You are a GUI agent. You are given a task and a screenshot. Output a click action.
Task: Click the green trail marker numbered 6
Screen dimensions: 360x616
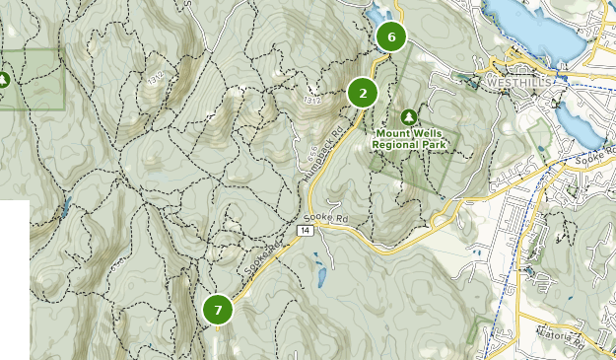click(x=391, y=37)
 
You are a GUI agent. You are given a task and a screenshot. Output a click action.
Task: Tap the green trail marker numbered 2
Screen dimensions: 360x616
click(x=363, y=94)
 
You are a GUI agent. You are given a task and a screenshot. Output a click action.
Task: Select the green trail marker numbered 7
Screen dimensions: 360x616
click(x=218, y=310)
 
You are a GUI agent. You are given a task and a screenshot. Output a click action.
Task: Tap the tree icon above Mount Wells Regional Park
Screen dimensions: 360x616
click(x=410, y=116)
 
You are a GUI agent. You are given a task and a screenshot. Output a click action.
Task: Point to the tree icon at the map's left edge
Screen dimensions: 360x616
click(x=4, y=79)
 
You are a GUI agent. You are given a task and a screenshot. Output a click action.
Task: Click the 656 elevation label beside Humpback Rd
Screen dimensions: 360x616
click(x=312, y=155)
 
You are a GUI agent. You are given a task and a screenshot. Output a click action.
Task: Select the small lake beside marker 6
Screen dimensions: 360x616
click(x=376, y=17)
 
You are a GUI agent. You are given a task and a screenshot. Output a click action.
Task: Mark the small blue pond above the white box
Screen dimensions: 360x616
click(x=66, y=208)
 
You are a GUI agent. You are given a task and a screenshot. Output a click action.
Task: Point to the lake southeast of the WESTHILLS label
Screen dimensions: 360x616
click(x=574, y=121)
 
